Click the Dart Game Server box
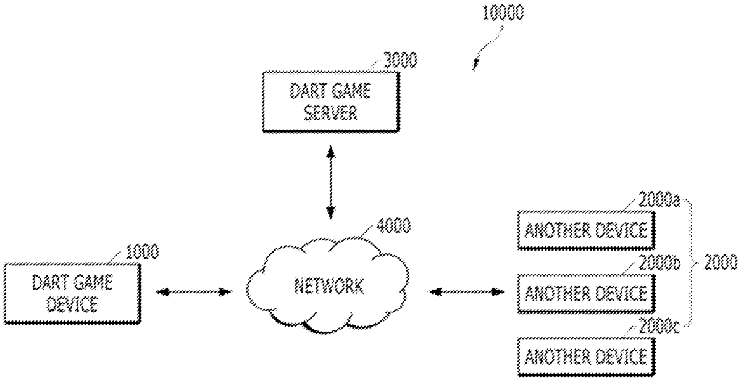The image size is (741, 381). tap(330, 101)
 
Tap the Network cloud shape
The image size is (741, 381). tap(329, 286)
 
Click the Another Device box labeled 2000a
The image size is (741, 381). tap(585, 231)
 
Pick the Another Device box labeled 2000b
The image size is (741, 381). tap(585, 292)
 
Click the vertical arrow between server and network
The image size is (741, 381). tap(331, 182)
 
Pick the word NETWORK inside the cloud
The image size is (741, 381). tap(329, 286)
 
